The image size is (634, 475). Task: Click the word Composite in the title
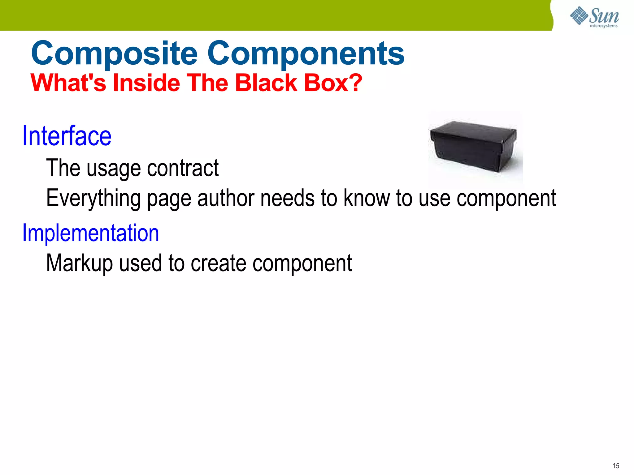click(x=114, y=54)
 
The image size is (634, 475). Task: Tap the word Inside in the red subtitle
click(x=146, y=83)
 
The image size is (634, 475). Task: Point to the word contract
click(x=183, y=169)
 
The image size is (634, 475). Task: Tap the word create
click(x=219, y=263)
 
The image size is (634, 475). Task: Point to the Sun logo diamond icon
click(x=579, y=15)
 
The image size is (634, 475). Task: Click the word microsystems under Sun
click(x=603, y=26)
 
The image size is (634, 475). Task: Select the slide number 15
click(x=616, y=466)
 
